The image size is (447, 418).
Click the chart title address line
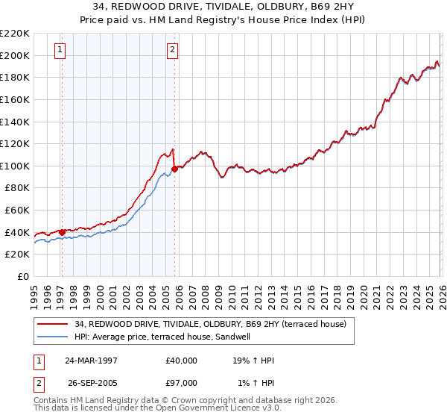click(x=223, y=7)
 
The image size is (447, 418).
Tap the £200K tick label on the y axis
click(x=15, y=55)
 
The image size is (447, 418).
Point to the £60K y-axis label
click(x=17, y=210)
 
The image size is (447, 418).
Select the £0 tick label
click(x=22, y=277)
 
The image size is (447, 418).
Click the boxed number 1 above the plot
click(x=60, y=50)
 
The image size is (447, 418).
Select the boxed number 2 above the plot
click(x=172, y=50)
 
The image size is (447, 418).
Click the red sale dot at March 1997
click(x=62, y=232)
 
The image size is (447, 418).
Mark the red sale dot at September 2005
click(x=174, y=169)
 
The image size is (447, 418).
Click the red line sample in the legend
click(x=54, y=325)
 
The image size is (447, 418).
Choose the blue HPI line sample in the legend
click(x=54, y=337)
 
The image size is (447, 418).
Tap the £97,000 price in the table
click(x=182, y=383)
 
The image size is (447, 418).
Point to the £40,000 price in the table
click(x=182, y=361)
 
